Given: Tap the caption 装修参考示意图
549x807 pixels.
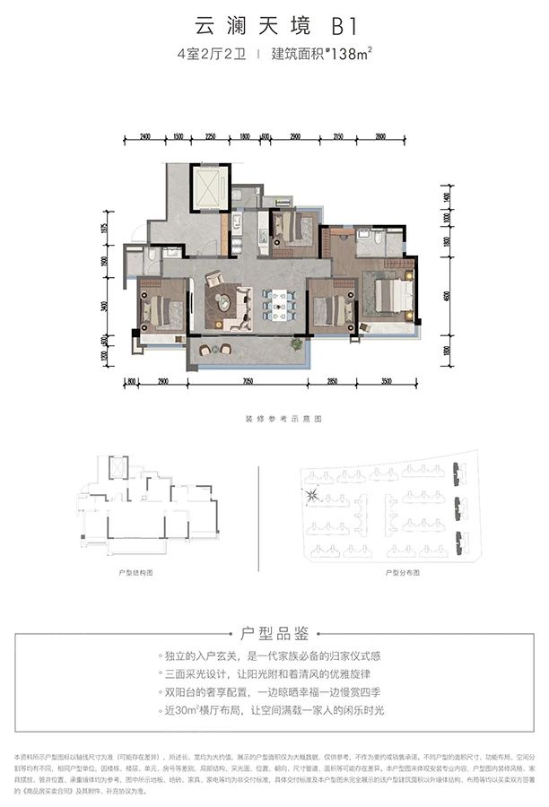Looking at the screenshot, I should click(274, 419).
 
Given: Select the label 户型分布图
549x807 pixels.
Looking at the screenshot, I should click(403, 570).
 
